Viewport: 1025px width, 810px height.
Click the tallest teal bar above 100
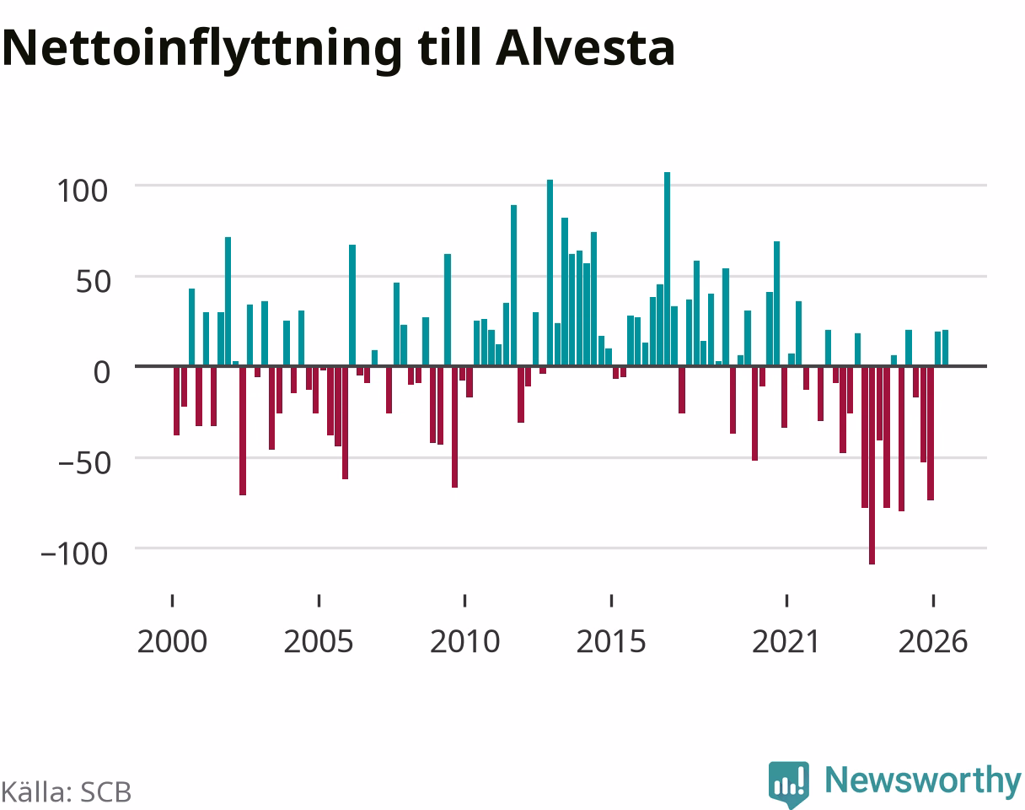point(668,269)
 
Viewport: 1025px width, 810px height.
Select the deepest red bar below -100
point(872,465)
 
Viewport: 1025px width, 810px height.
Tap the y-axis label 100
point(83,192)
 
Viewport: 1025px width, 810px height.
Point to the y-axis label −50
point(84,463)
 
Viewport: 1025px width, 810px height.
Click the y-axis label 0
point(102,372)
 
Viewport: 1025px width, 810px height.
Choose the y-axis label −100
point(74,554)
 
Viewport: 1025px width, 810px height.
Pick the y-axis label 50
point(93,282)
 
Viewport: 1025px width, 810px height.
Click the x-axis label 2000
point(173,642)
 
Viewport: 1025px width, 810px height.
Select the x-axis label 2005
point(319,642)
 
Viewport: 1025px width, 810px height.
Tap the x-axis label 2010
point(464,642)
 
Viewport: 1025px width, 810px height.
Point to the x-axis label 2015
point(611,642)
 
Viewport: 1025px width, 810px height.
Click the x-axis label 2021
point(786,642)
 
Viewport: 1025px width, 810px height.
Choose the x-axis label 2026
point(933,642)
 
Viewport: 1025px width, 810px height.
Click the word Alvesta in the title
point(585,48)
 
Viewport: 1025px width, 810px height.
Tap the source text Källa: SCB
point(67,792)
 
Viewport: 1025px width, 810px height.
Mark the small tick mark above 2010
point(464,601)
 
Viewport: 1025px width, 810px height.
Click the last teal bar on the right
point(946,348)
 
